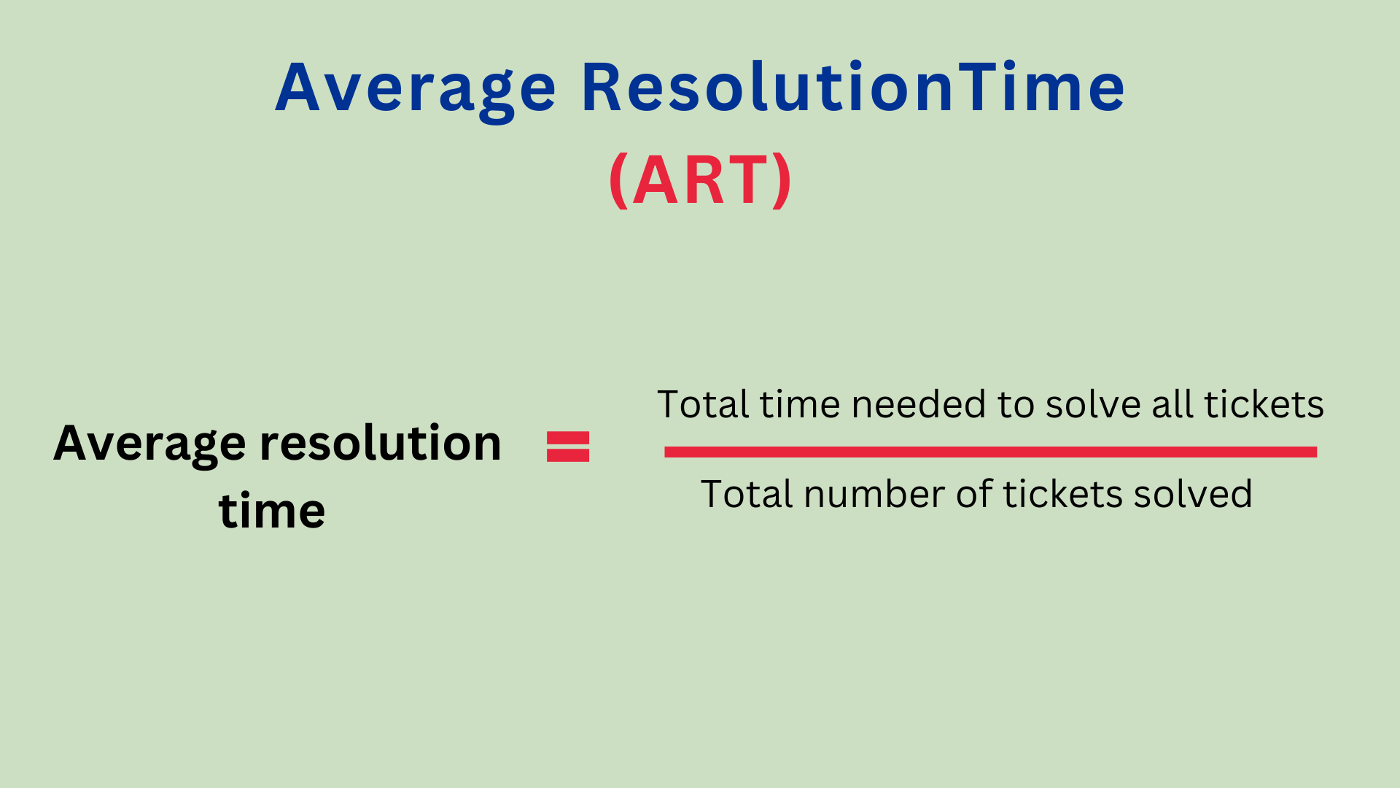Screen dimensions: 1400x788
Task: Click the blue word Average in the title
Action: tap(416, 89)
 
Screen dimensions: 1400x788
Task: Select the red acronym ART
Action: tap(700, 179)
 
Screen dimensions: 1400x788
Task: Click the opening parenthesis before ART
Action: tap(618, 180)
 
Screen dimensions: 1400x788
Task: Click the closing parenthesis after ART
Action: tap(782, 180)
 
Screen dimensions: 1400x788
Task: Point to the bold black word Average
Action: tap(150, 444)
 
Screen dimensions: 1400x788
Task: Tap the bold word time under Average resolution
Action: tap(272, 510)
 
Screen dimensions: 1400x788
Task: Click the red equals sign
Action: tap(568, 447)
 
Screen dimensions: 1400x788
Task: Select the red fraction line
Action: tap(990, 452)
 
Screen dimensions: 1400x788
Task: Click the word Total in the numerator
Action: tap(704, 404)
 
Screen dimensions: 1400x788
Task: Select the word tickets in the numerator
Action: tap(1264, 404)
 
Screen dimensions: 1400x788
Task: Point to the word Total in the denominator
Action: tap(747, 494)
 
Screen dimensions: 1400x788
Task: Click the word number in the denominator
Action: tap(874, 494)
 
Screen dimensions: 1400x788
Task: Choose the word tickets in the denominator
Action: tap(1062, 494)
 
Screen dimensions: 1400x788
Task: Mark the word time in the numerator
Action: tap(801, 405)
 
